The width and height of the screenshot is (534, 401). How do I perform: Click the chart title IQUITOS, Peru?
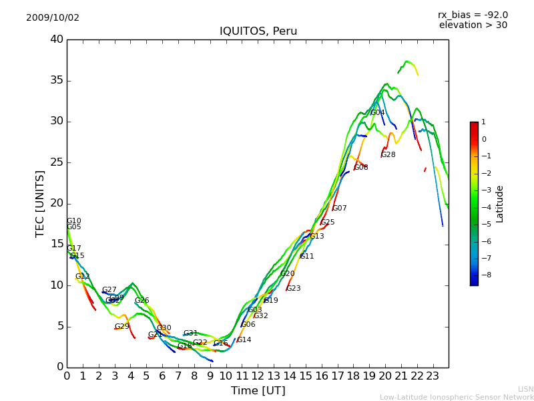(x=258, y=31)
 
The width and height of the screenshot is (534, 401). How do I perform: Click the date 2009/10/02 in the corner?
(x=53, y=18)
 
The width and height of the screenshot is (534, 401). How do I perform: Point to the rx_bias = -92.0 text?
(x=473, y=15)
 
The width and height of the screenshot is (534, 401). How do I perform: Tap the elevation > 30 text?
(x=473, y=25)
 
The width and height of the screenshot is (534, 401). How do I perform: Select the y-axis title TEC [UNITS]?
(x=41, y=203)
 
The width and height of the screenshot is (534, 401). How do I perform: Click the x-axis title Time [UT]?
(x=258, y=391)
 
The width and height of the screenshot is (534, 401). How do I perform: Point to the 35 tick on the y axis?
(x=57, y=81)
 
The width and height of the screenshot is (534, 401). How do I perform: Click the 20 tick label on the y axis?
(x=57, y=204)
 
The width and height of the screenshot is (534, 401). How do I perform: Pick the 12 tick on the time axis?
(x=258, y=376)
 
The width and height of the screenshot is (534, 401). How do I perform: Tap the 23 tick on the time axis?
(x=433, y=376)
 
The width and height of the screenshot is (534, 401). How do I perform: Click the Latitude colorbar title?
(x=500, y=204)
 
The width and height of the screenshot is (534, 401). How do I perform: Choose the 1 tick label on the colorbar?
(x=483, y=122)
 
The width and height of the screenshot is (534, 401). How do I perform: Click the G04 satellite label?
(x=378, y=113)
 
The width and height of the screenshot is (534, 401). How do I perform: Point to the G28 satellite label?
(x=388, y=155)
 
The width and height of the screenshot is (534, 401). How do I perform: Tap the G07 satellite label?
(x=340, y=209)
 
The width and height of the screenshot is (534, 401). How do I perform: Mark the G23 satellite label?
(x=294, y=289)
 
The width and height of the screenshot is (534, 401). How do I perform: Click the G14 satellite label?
(x=244, y=340)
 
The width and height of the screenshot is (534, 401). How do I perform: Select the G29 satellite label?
(x=122, y=327)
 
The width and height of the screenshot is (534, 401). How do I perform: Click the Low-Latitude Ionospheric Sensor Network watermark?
(x=457, y=398)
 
